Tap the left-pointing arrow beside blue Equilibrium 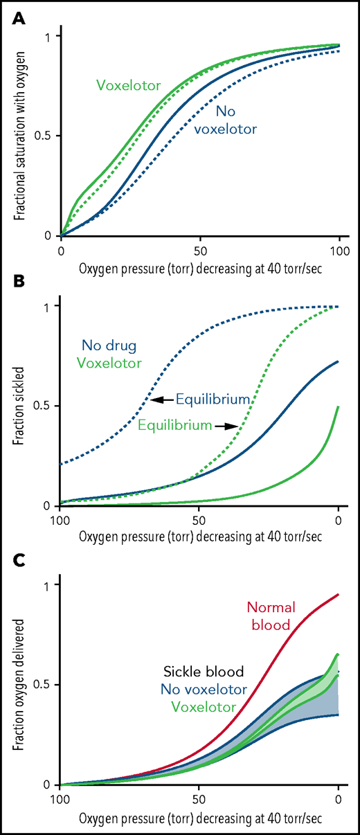tap(161, 399)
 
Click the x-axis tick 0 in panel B tap(338, 520)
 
